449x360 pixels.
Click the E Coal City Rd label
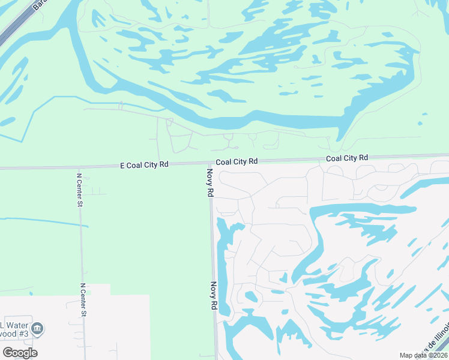[x=144, y=164]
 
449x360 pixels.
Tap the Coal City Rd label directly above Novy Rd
[x=237, y=161]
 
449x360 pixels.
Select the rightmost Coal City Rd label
[x=347, y=158]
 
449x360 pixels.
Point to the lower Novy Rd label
[x=213, y=296]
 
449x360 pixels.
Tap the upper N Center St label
[x=79, y=190]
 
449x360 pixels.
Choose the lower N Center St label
[x=83, y=300]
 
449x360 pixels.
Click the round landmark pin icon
[x=37, y=328]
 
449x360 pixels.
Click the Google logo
[x=20, y=353]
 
